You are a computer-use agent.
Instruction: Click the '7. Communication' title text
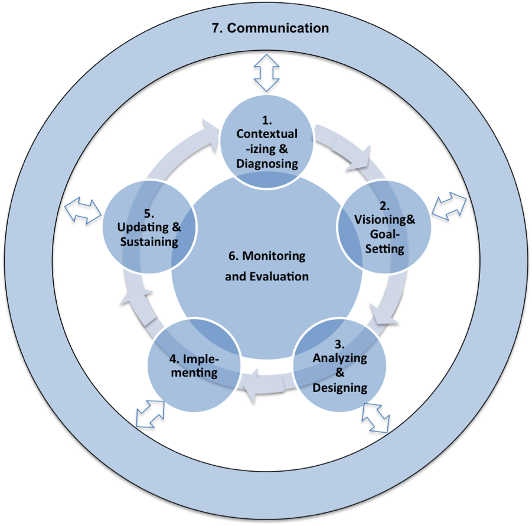[x=270, y=28]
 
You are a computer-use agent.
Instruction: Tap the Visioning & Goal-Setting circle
[x=384, y=227]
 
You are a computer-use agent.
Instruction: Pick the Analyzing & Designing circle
[x=340, y=365]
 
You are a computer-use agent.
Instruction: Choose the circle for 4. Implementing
[x=193, y=366]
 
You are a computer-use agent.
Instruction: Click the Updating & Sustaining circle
[x=149, y=228]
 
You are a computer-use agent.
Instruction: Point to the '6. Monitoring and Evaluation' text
[x=267, y=266]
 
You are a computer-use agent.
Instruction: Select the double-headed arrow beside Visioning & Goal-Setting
[x=449, y=204]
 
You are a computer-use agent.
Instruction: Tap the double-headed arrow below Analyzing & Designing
[x=376, y=417]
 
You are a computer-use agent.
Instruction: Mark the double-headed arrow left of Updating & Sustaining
[x=83, y=210]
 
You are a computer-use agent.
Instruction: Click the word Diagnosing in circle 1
[x=267, y=164]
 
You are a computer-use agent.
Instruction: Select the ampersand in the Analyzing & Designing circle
[x=340, y=373]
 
